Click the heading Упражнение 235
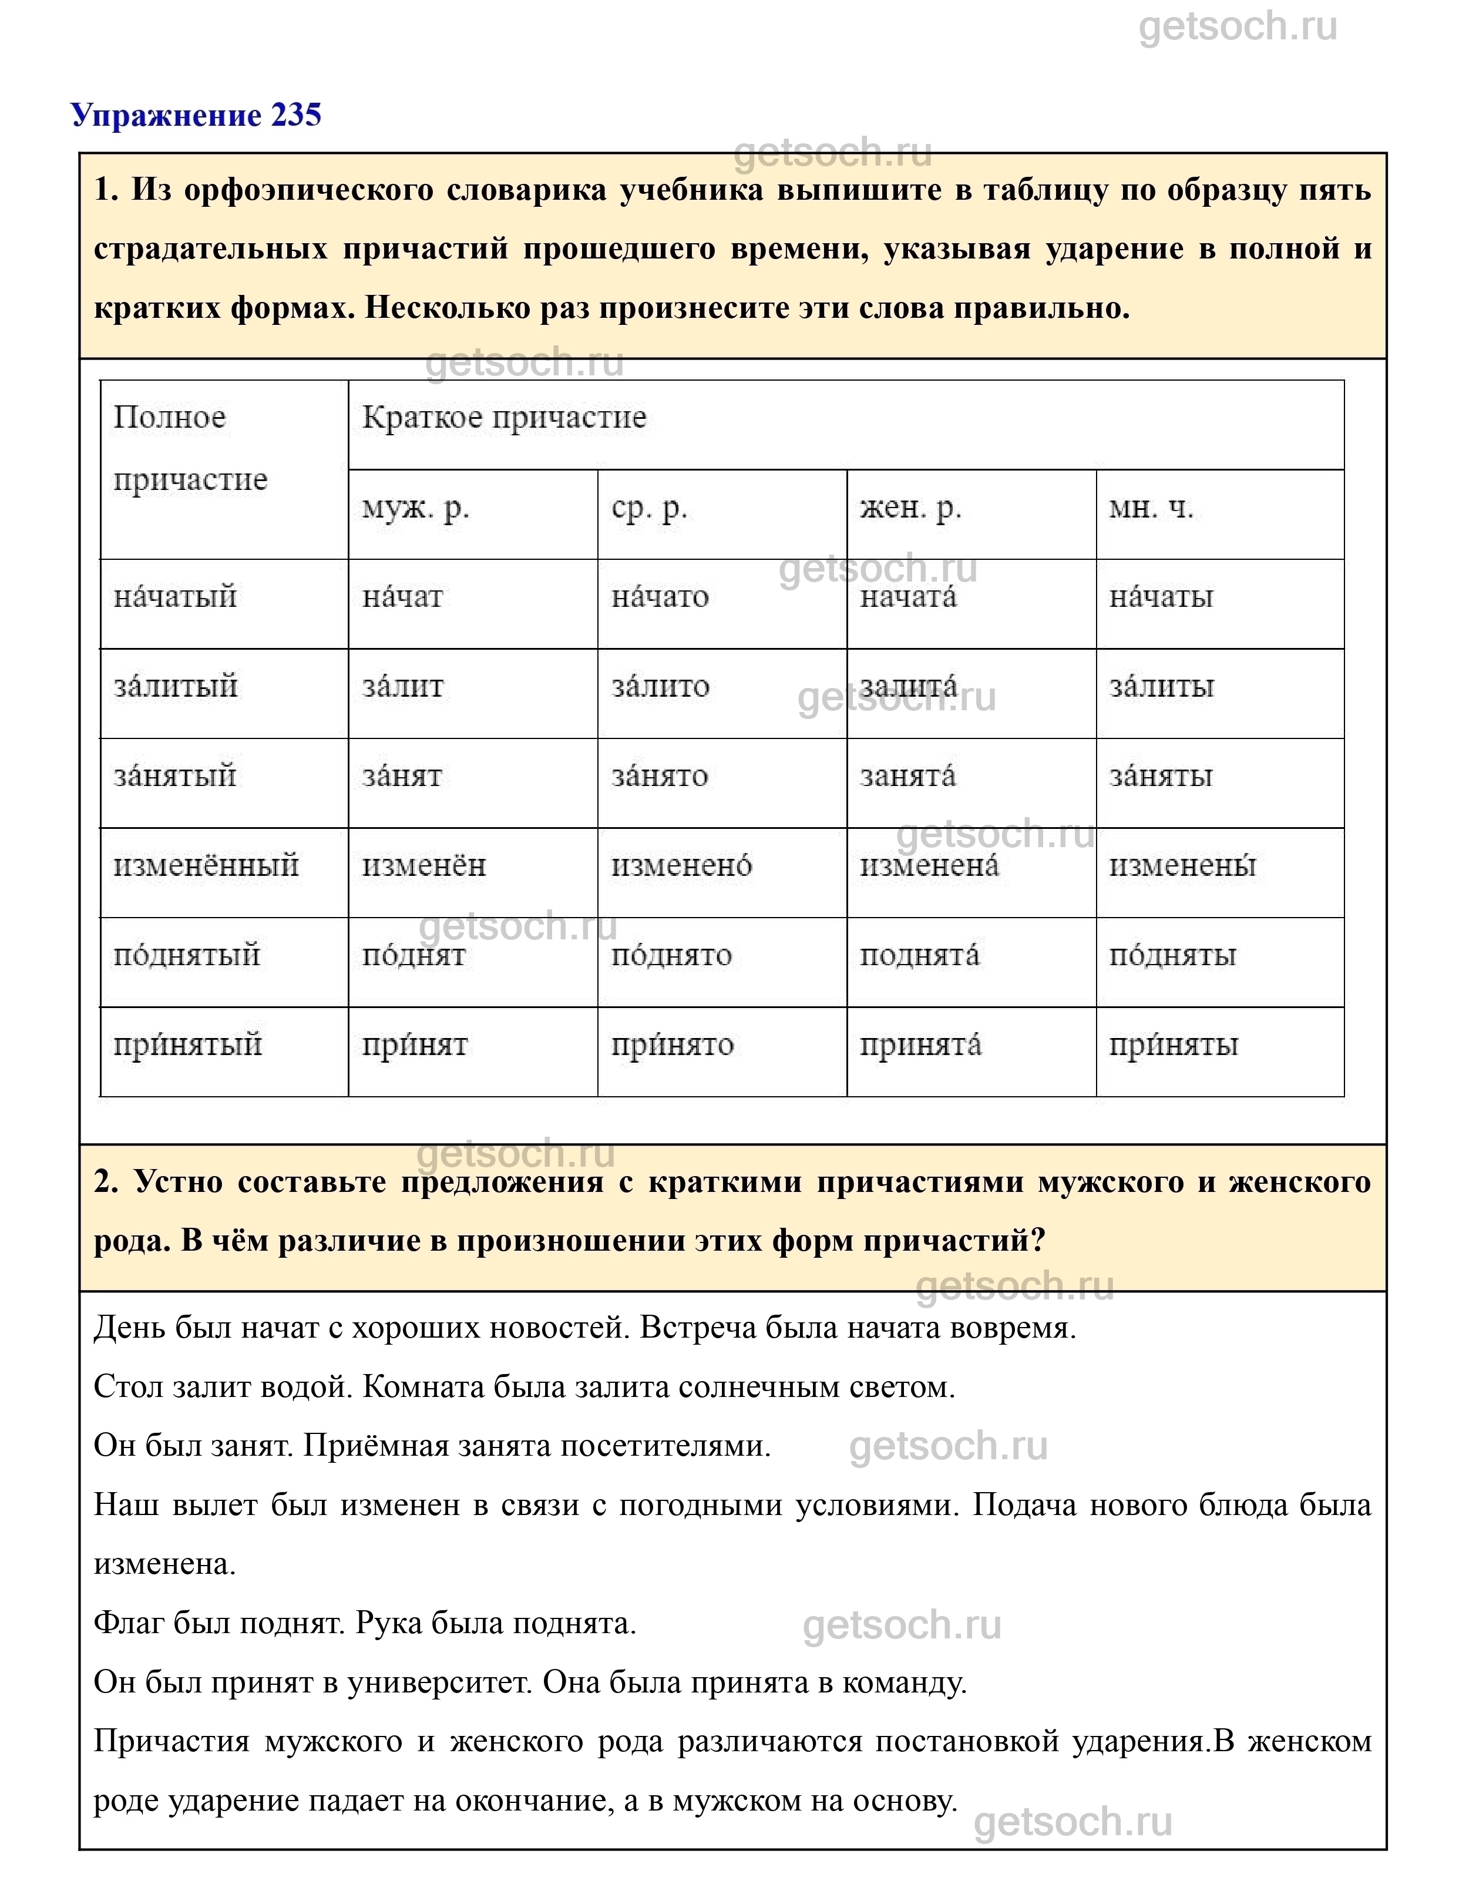[196, 116]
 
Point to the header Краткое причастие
[504, 418]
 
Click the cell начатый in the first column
[176, 597]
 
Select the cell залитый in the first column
[176, 686]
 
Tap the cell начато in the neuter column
[660, 597]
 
